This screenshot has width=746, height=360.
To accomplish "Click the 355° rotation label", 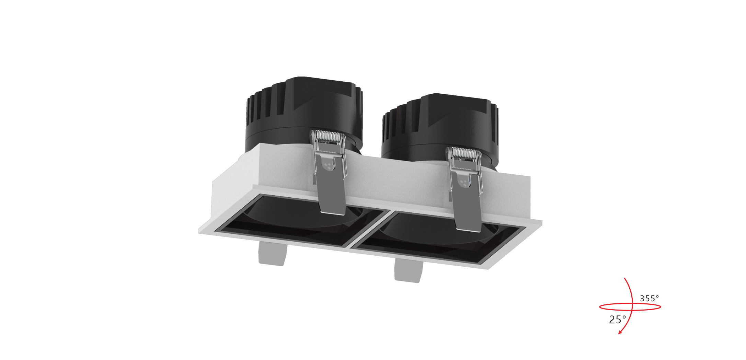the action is (x=649, y=299).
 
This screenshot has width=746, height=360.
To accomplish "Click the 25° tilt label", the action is (x=617, y=320).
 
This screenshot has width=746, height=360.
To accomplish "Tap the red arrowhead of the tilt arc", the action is (x=620, y=332).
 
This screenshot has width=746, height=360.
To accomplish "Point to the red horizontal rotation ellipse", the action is (x=630, y=310).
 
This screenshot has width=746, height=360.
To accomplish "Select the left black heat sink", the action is (x=304, y=113).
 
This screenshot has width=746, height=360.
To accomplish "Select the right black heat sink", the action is (x=440, y=130).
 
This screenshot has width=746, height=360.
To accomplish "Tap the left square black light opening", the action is (x=302, y=220).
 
